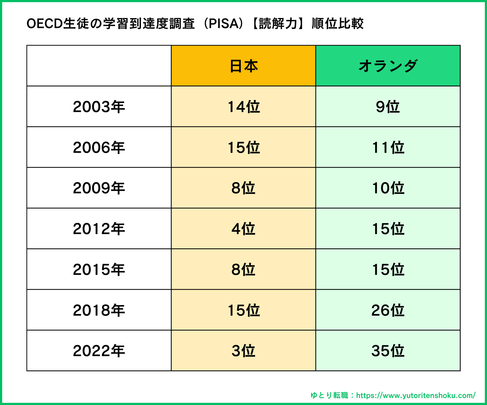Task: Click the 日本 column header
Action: click(243, 66)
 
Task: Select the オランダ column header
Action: click(388, 66)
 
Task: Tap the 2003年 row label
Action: click(99, 107)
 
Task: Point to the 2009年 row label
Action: click(99, 188)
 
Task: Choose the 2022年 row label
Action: click(99, 351)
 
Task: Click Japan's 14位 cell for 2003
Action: click(243, 107)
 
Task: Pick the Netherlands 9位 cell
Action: click(388, 107)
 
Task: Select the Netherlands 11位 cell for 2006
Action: click(388, 147)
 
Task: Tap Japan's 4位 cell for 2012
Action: click(243, 229)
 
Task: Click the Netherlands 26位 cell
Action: click(388, 310)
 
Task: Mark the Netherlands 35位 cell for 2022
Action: click(388, 351)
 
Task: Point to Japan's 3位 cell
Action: click(243, 351)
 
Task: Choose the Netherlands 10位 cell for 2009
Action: click(388, 188)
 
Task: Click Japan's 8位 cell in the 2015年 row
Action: click(243, 269)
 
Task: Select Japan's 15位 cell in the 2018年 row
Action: click(243, 310)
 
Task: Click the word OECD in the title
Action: click(45, 24)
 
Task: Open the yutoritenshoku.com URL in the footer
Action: click(416, 396)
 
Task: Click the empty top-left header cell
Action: click(99, 66)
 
